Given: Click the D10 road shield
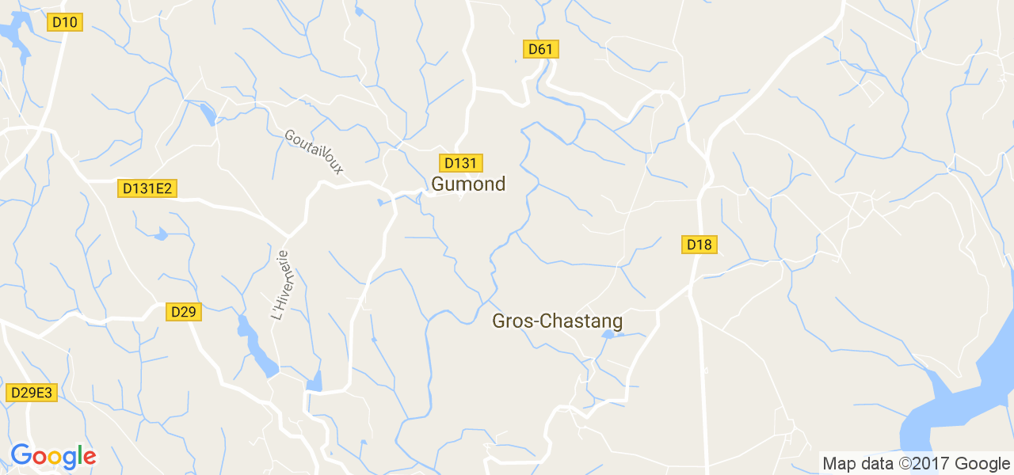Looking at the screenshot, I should (x=64, y=22).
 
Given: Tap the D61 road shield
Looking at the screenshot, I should (x=541, y=49).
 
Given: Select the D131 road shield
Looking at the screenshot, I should (x=461, y=163).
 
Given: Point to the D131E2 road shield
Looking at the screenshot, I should (x=147, y=188).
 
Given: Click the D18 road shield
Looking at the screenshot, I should (x=700, y=245).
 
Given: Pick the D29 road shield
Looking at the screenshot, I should (x=184, y=312).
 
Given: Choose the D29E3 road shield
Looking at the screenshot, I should (x=32, y=393).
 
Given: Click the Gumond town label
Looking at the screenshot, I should (x=468, y=184).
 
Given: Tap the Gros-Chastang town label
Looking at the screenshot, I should (x=557, y=321).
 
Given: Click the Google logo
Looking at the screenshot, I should (x=53, y=457).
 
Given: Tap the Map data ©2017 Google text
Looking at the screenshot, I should (x=916, y=464).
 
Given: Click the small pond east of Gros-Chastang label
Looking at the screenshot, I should (x=608, y=335).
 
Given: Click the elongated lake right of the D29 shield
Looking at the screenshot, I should (x=257, y=348).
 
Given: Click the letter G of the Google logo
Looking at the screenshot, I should (x=21, y=455).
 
